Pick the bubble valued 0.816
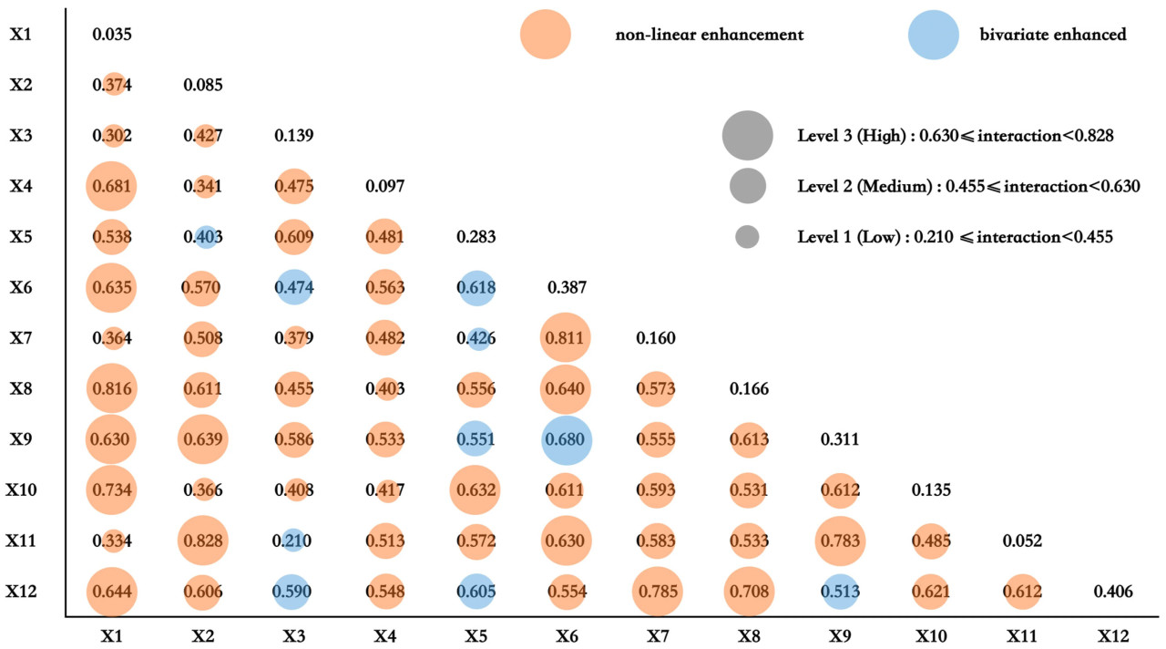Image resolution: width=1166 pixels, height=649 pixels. click(x=112, y=389)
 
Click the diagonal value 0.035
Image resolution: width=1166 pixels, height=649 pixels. click(x=112, y=36)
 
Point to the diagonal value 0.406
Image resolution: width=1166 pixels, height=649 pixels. click(x=1113, y=592)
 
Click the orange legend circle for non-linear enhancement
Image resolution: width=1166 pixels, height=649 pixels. click(x=546, y=35)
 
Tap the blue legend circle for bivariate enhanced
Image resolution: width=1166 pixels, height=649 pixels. click(x=934, y=35)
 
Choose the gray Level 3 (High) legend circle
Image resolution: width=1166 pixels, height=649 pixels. click(x=747, y=135)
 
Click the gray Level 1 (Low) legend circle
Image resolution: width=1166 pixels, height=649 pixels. click(x=747, y=237)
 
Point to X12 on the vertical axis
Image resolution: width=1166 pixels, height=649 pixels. click(x=20, y=592)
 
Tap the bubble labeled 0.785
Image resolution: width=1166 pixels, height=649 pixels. click(x=656, y=592)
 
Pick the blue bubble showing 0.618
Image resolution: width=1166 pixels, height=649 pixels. click(x=475, y=288)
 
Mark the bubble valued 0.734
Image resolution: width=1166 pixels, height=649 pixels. click(x=112, y=490)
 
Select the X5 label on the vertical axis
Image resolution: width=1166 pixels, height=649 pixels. click(x=20, y=237)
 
